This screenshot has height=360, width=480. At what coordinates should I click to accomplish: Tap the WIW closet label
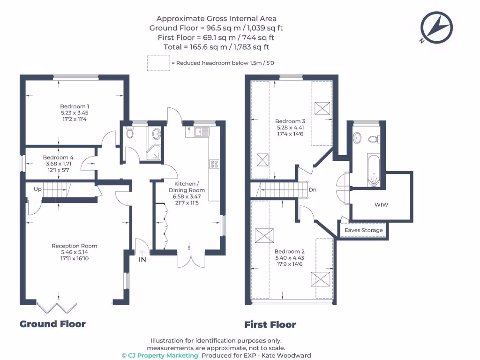(x=382, y=205)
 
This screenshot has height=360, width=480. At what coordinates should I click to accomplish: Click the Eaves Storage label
(x=364, y=230)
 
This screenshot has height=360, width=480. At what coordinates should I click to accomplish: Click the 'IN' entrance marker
(x=142, y=259)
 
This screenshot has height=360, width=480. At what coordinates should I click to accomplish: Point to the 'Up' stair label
(x=38, y=189)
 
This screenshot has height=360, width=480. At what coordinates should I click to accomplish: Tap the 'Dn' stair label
(x=313, y=190)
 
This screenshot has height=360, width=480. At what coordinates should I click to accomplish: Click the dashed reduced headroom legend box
(x=158, y=63)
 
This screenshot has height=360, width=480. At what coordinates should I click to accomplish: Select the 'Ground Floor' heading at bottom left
(x=52, y=324)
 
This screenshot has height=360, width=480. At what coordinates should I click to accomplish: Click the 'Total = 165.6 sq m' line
(x=216, y=47)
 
